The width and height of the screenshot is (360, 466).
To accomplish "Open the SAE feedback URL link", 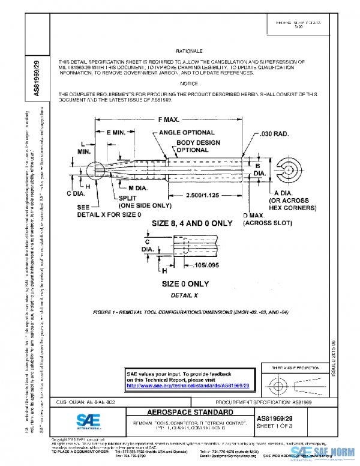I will point(188,386).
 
